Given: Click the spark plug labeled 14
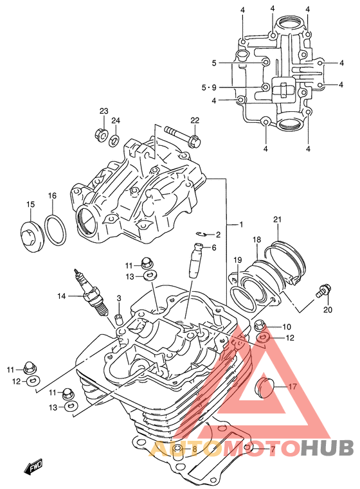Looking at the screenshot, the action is point(91,292).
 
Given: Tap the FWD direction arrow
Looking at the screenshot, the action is point(33,467).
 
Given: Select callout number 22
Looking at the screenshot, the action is point(195,120).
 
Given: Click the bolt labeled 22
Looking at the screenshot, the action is point(183,136).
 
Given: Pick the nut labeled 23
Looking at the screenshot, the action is point(101,134).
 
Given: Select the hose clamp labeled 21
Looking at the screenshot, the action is point(285,262).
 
